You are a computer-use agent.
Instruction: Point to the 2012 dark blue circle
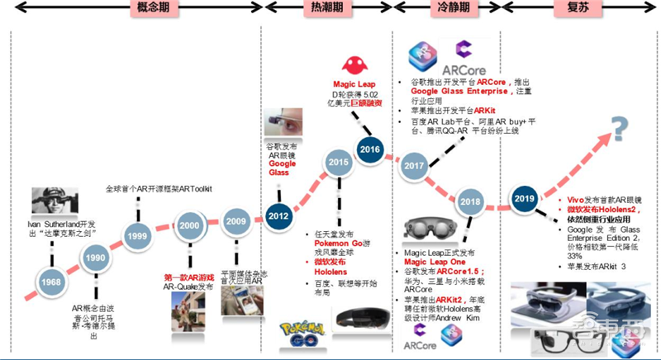point(278,216)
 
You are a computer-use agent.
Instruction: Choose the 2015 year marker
point(337,163)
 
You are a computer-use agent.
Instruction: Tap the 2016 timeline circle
point(369,149)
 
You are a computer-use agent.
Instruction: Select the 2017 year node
point(412,166)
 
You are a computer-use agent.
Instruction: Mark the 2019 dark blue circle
point(525,198)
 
